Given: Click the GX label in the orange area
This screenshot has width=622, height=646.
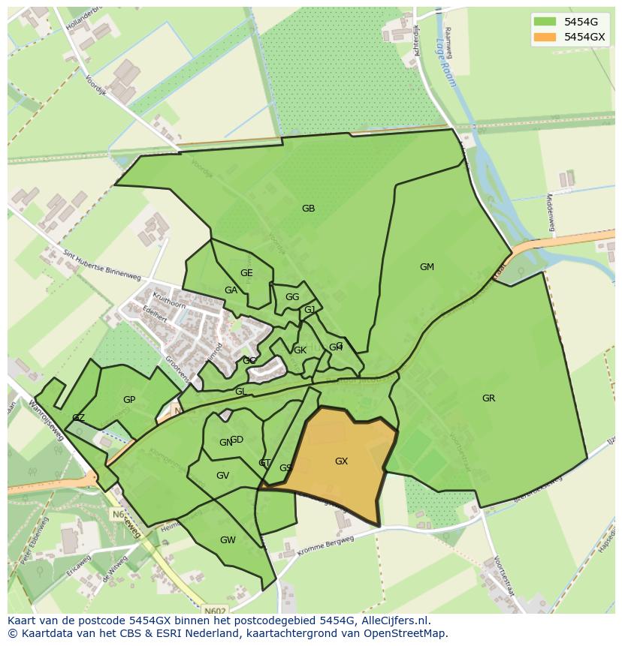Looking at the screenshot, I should pos(341,461).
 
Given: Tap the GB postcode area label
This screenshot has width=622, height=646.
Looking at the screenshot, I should pos(308,209).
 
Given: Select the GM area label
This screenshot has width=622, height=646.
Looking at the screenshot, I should pos(427,267).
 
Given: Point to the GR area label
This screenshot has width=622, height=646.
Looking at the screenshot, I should pos(488,398).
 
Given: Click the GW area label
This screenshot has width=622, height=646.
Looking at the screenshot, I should pos(228,540).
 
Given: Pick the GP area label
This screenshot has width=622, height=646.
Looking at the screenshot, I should pos(129,400).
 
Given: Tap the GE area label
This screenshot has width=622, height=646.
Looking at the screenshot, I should pos(246,273).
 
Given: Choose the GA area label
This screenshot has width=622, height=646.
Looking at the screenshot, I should pos(231,290).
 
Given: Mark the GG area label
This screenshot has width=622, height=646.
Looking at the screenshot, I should pos(292,297).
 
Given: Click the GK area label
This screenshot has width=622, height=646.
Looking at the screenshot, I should pos(300,350).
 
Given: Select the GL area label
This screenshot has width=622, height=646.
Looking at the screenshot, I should pos(240,392).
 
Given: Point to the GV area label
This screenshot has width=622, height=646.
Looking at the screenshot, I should pos(222,476).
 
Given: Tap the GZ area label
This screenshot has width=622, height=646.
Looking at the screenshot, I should pos(78,418).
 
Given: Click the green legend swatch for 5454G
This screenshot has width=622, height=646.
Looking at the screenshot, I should pos(545,21).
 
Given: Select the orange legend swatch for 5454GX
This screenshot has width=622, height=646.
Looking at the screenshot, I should pos(545,37).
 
